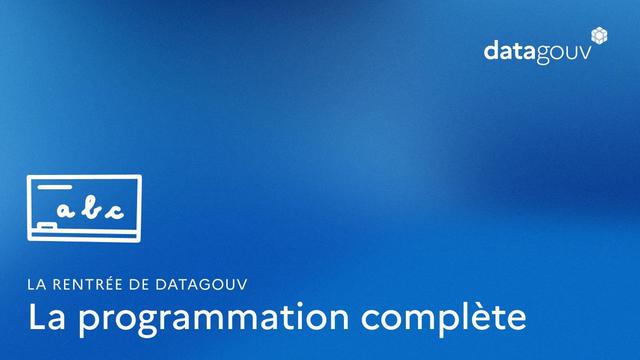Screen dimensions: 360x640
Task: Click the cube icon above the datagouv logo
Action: (600, 35)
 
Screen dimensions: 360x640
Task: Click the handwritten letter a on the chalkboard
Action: (66, 211)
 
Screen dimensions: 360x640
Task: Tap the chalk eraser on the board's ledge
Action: (46, 230)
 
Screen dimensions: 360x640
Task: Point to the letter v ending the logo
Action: (599, 52)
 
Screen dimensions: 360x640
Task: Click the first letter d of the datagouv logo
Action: (492, 50)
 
